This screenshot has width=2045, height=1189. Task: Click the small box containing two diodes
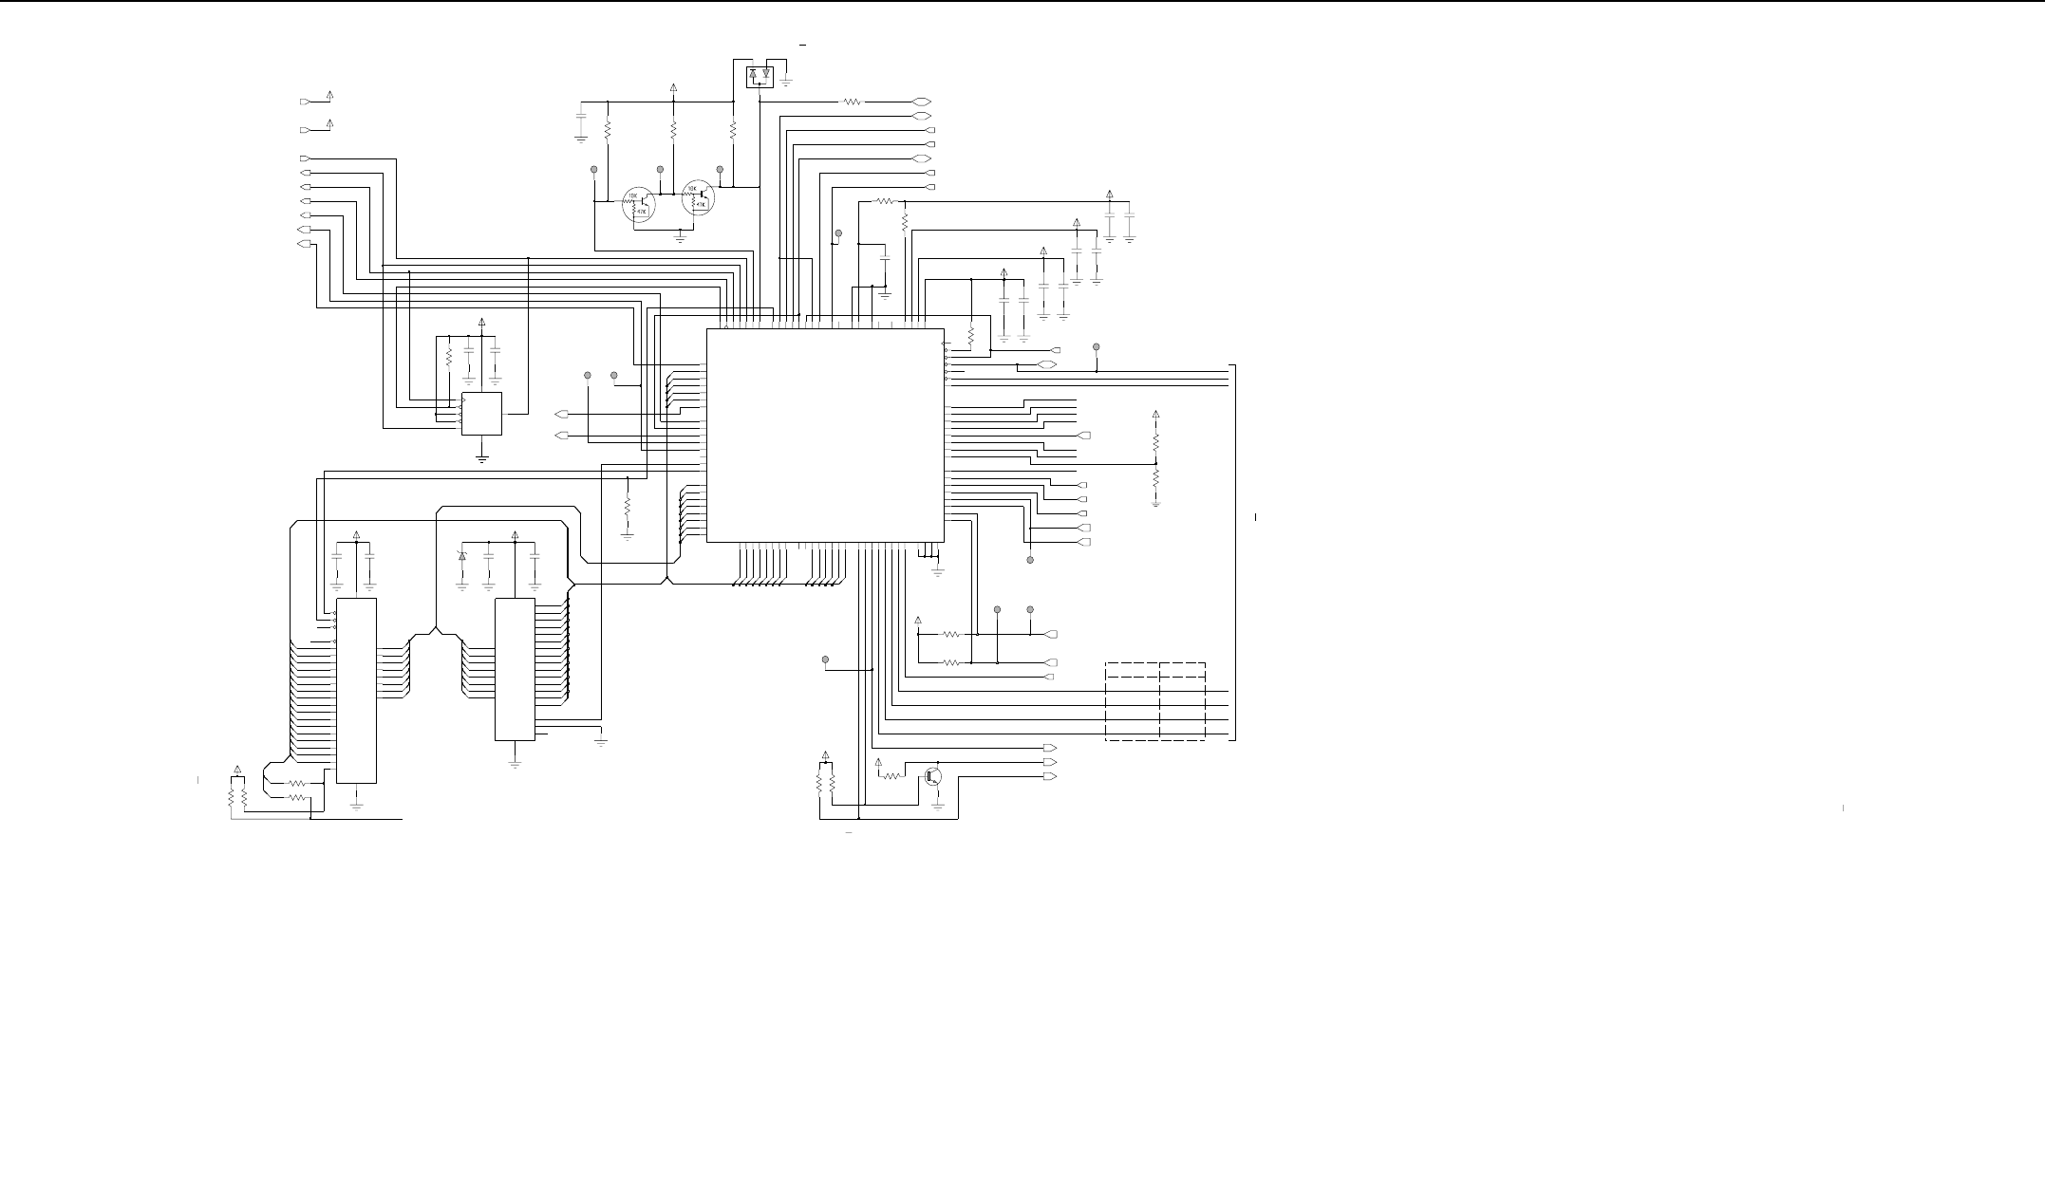pos(760,74)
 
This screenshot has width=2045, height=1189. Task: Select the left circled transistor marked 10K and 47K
pos(638,205)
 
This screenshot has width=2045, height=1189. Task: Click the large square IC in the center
pos(825,436)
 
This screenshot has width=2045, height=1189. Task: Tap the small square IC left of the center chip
pos(481,414)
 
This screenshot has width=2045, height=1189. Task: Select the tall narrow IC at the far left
pos(356,691)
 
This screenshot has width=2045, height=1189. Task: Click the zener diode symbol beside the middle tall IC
pos(462,556)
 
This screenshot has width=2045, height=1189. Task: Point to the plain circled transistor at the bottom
pos(934,776)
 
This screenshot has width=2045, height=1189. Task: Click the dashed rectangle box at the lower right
pos(1155,702)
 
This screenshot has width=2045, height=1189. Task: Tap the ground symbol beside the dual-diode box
pos(787,82)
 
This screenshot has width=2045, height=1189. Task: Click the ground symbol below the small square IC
pos(482,459)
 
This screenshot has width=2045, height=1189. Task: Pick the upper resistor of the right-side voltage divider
pos(1155,442)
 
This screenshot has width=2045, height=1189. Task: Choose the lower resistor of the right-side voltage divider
pos(1155,480)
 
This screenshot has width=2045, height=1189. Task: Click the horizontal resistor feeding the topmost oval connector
pos(852,102)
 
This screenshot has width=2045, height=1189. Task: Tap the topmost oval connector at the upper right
pos(920,102)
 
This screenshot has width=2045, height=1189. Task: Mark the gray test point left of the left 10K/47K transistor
pos(594,170)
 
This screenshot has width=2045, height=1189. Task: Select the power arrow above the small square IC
pos(482,323)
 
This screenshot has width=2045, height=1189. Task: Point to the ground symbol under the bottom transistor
pos(938,805)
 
